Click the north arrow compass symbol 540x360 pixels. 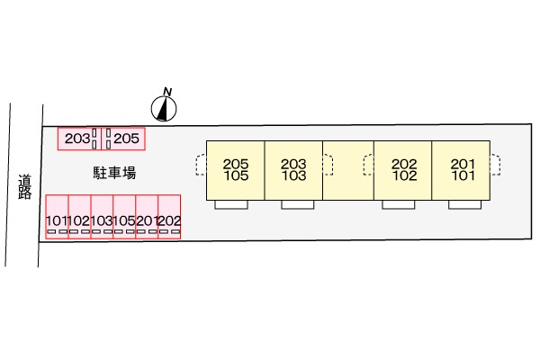[164, 109]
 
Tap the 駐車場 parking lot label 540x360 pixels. [114, 173]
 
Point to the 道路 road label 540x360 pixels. [25, 187]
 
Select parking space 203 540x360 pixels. [79, 139]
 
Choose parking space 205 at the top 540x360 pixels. [123, 139]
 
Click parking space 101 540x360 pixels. [58, 217]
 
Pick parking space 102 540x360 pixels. [79, 217]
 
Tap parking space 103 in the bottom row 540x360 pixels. [102, 217]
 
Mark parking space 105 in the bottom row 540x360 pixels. [124, 217]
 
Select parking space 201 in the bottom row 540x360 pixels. [147, 217]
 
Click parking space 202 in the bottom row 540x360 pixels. [169, 217]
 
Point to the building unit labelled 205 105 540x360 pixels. [236, 170]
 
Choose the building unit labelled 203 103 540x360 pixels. [293, 170]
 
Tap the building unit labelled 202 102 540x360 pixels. [403, 170]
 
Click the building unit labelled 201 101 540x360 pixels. [461, 170]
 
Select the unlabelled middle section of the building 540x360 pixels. [348, 170]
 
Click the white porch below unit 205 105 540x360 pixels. [231, 204]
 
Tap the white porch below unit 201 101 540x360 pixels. [465, 204]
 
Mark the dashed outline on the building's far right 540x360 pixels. [499, 165]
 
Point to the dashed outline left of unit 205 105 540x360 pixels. [196, 165]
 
